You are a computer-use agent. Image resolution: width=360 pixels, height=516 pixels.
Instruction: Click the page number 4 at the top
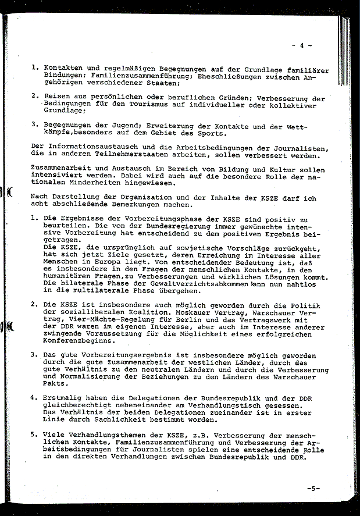pos(302,45)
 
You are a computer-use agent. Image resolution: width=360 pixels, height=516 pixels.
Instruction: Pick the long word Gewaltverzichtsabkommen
pos(190,282)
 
